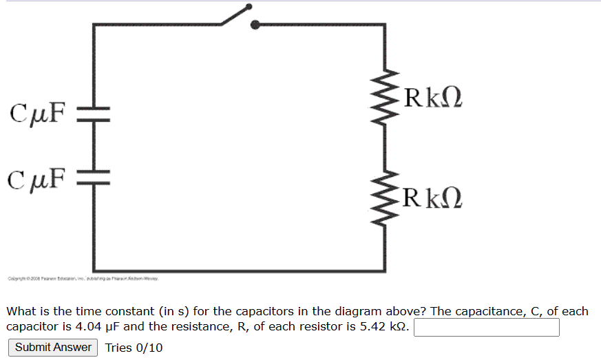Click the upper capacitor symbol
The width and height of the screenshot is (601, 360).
click(x=93, y=113)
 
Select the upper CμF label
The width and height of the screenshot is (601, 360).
click(x=38, y=112)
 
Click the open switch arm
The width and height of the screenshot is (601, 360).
click(x=234, y=16)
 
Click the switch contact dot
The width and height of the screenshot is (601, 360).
click(x=255, y=25)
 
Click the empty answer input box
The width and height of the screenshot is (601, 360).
click(x=486, y=327)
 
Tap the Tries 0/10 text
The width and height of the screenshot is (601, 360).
click(x=134, y=347)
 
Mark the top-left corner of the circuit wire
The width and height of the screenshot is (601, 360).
click(x=94, y=25)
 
